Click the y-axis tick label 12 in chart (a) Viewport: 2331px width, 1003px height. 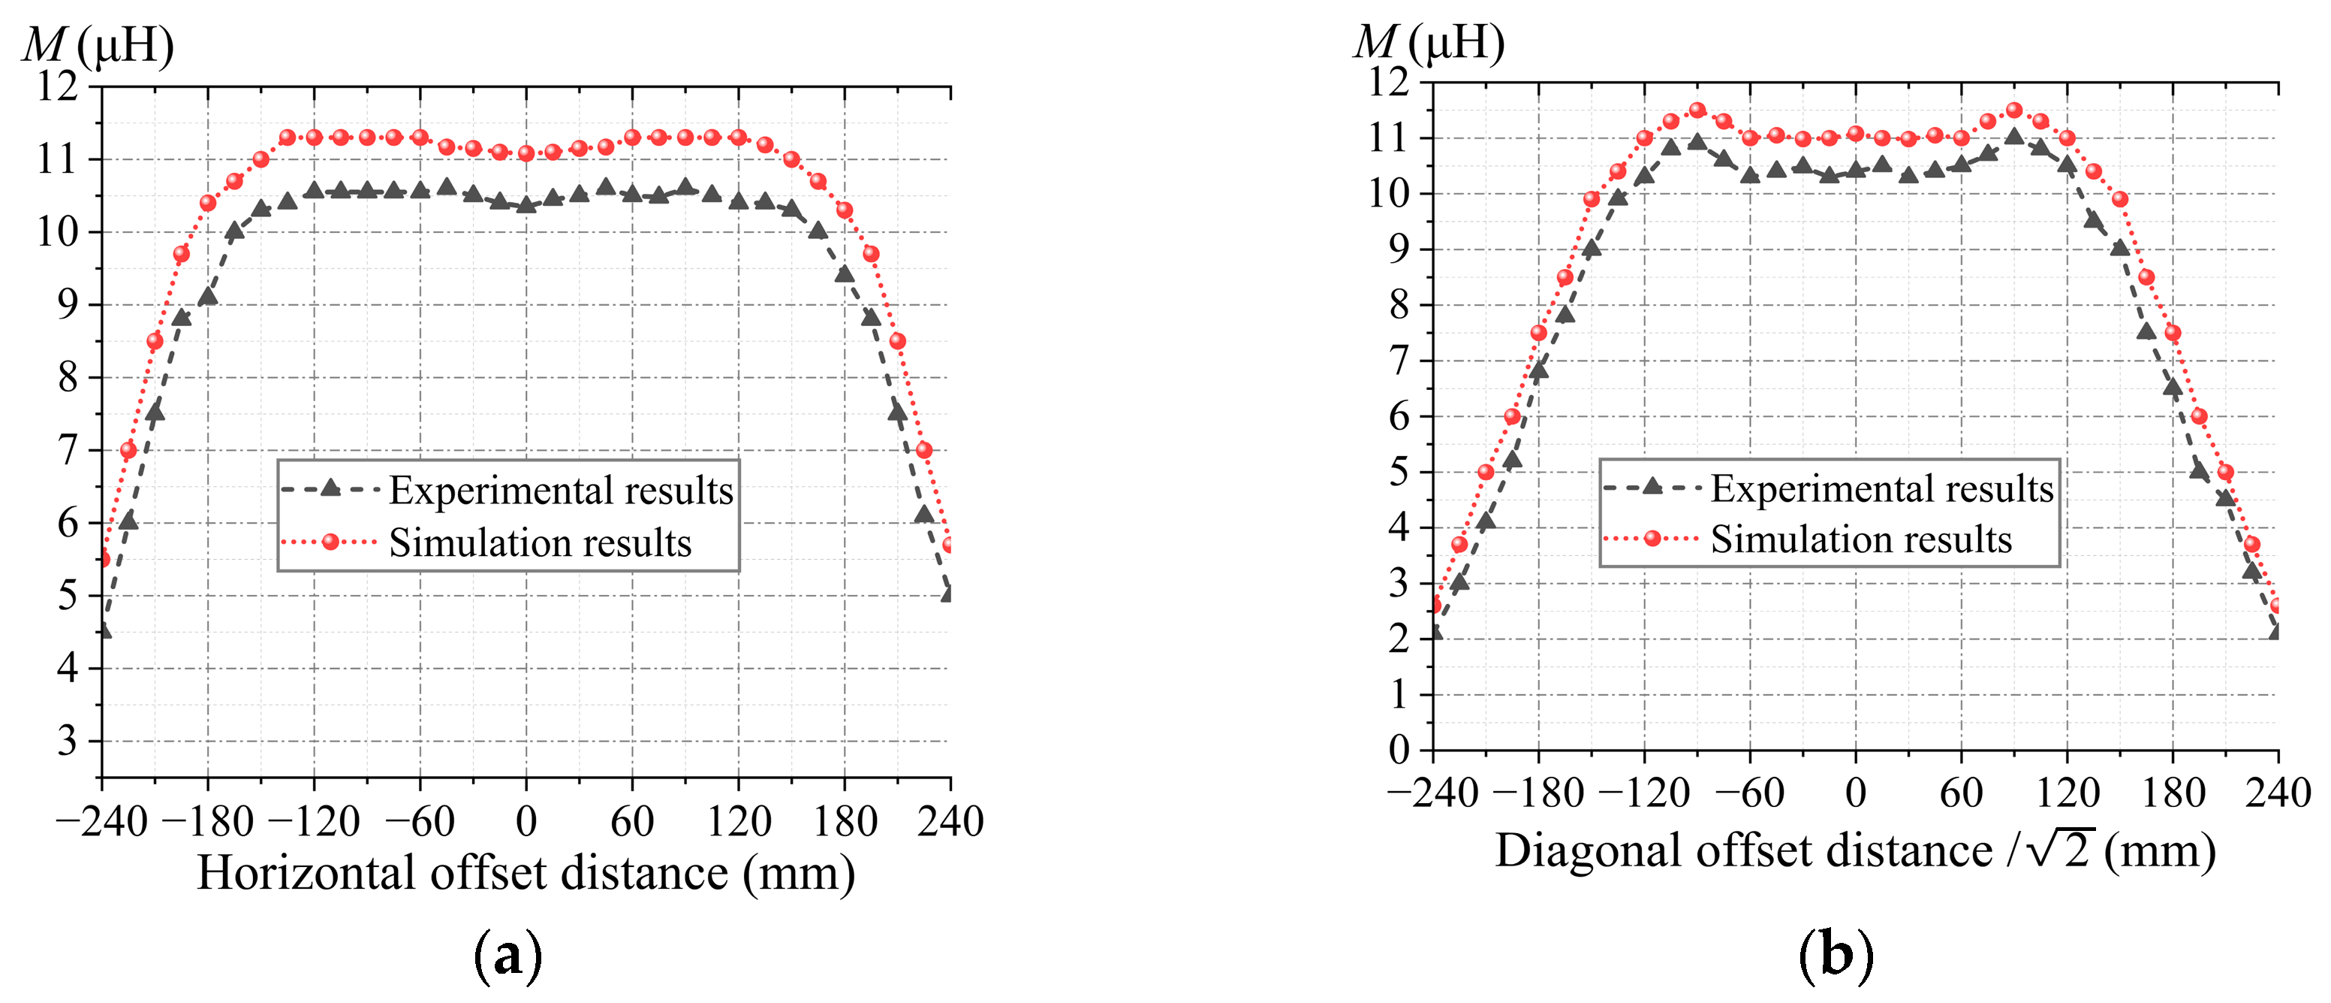point(57,87)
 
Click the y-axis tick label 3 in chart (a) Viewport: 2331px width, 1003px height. point(67,742)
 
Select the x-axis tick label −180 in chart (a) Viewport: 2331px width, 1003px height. point(208,822)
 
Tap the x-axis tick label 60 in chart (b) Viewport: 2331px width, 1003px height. point(1961,793)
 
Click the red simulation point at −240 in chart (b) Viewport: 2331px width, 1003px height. point(1433,605)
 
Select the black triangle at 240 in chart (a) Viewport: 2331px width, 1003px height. point(948,594)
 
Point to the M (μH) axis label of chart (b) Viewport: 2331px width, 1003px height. point(1429,43)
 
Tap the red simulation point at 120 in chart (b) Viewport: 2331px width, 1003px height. point(2067,137)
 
